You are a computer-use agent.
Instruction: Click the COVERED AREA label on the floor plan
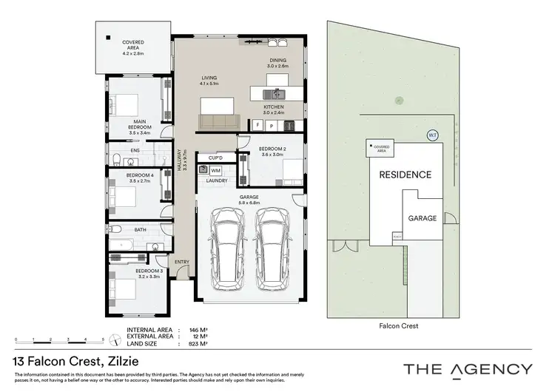[133, 46]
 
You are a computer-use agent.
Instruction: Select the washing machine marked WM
[215, 169]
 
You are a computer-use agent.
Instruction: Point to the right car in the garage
[273, 249]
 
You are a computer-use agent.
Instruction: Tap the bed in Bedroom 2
[292, 172]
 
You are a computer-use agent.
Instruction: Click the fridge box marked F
[258, 125]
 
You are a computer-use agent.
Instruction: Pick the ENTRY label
[181, 263]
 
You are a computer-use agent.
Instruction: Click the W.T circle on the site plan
[432, 135]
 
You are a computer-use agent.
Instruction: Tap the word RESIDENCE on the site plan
[405, 175]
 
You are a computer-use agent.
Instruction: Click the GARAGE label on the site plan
[422, 219]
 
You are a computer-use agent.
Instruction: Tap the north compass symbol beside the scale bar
[115, 340]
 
